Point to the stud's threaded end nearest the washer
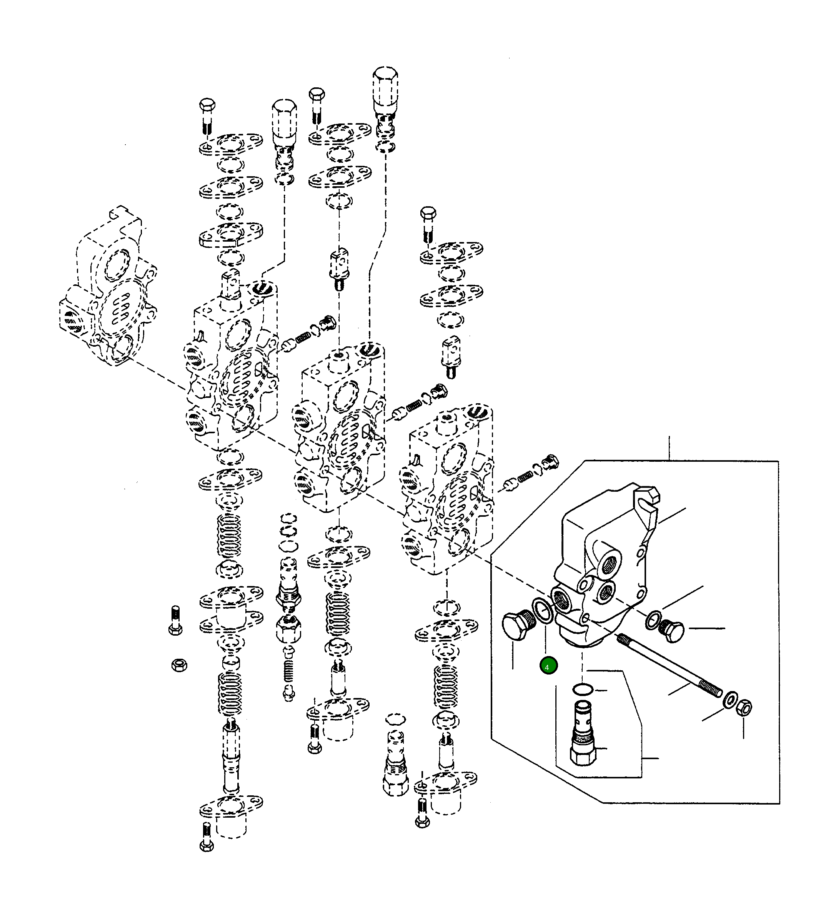pos(712,690)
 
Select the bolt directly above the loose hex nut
pos(175,621)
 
